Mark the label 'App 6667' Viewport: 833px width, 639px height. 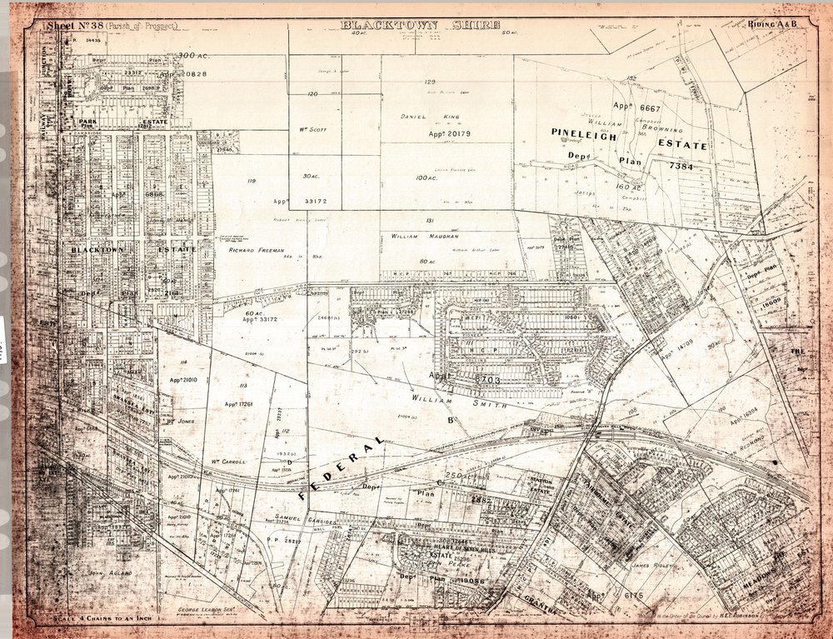coord(636,107)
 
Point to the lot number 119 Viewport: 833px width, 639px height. coord(251,180)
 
